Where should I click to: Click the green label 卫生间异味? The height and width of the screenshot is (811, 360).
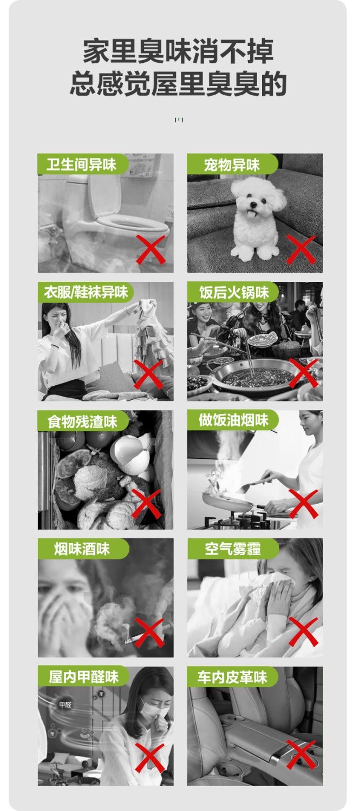(83, 164)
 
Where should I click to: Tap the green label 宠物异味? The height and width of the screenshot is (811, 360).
(232, 164)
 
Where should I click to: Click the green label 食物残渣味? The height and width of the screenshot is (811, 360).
(83, 421)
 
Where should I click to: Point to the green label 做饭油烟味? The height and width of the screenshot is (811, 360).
(233, 420)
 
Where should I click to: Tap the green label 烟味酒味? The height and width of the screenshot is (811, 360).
(83, 549)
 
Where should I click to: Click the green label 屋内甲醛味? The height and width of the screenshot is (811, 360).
(83, 677)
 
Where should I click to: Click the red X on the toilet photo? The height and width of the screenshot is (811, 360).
(150, 249)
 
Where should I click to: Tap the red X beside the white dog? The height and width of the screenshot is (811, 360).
(300, 249)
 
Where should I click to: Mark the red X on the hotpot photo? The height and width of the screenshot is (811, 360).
(304, 373)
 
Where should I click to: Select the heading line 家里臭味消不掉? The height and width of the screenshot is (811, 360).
(178, 52)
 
